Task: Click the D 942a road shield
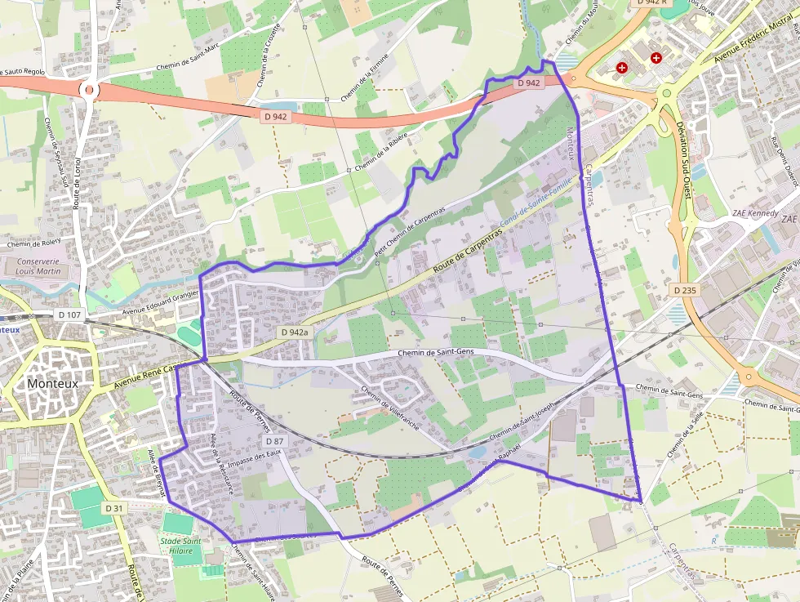coord(295,332)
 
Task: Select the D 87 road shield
coord(273,440)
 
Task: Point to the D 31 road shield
coord(113,508)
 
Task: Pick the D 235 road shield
coord(684,290)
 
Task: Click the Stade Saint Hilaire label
coord(181,545)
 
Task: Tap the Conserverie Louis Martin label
coord(38,265)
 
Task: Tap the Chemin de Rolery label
coord(34,243)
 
